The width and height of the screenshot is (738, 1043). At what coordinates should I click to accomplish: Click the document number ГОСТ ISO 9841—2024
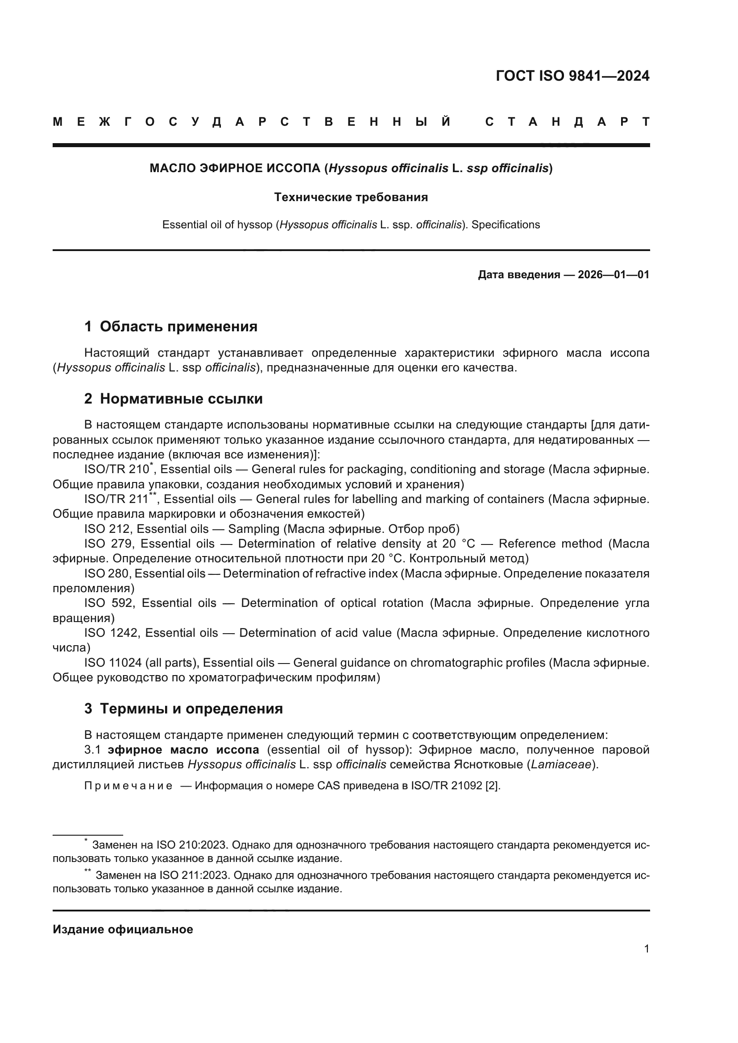coord(572,76)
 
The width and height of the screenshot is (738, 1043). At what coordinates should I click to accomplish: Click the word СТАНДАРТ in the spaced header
coord(567,122)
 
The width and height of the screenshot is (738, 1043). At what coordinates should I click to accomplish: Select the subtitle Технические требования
coord(351,197)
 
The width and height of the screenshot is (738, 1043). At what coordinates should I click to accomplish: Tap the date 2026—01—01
coord(613,274)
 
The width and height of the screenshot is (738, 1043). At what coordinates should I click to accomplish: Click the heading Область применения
coord(178,326)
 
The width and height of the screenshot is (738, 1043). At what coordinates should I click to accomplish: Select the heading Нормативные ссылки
coord(181,398)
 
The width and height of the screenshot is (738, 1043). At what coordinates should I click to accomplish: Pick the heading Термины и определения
coord(191,708)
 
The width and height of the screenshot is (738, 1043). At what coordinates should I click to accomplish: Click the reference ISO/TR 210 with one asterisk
coord(117,469)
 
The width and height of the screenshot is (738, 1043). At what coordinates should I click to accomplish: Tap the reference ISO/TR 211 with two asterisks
coord(117,499)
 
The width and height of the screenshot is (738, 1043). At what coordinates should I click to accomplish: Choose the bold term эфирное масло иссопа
coord(183,749)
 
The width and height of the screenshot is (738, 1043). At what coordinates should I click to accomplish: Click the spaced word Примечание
coord(128,786)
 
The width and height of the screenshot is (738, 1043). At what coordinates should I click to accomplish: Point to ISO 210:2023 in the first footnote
coord(191,845)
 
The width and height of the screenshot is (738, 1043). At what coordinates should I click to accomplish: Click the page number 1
coord(646,948)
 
